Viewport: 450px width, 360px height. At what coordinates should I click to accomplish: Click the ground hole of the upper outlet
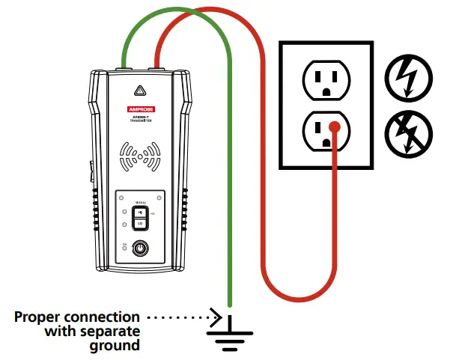pos(326,91)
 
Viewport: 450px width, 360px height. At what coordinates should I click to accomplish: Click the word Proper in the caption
pos(38,317)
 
